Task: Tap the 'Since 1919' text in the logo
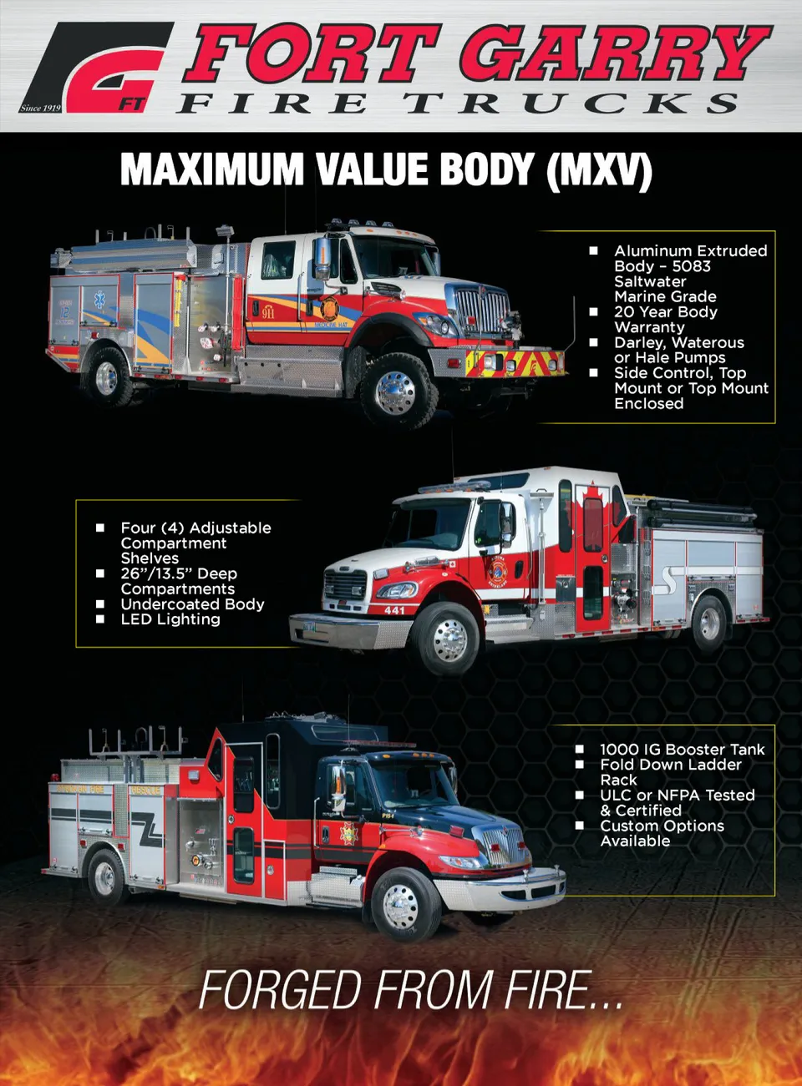pyautogui.click(x=40, y=108)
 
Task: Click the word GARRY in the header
pyautogui.click(x=613, y=54)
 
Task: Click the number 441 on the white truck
pyautogui.click(x=394, y=610)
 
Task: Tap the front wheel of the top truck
pyautogui.click(x=396, y=392)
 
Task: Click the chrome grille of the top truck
pyautogui.click(x=482, y=310)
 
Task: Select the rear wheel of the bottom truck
pyautogui.click(x=105, y=878)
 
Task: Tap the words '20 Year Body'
pyautogui.click(x=665, y=312)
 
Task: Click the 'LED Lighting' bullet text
pyautogui.click(x=170, y=619)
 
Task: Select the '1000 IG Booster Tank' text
pyautogui.click(x=682, y=750)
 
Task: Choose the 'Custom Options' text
pyautogui.click(x=662, y=826)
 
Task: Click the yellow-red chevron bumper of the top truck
pyautogui.click(x=515, y=363)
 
